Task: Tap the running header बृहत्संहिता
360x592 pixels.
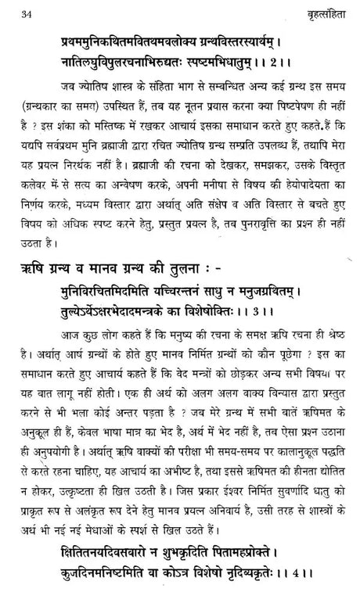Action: [x=315, y=12]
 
